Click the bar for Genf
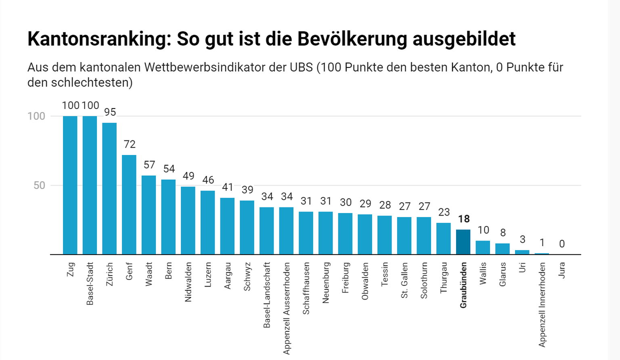129,205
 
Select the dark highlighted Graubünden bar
463,242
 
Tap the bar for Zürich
109,188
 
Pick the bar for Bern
168,217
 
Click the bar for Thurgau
444,239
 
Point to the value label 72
130,144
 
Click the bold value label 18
464,219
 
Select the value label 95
110,112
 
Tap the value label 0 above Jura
562,244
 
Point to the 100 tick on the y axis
36,116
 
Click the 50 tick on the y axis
39,185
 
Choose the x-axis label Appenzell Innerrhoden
542,305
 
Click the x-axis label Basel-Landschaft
267,295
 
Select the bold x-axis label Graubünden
463,285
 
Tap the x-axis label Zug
71,270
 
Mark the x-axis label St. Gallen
404,280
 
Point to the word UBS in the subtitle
301,67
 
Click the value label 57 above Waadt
149,165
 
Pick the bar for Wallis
483,247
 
